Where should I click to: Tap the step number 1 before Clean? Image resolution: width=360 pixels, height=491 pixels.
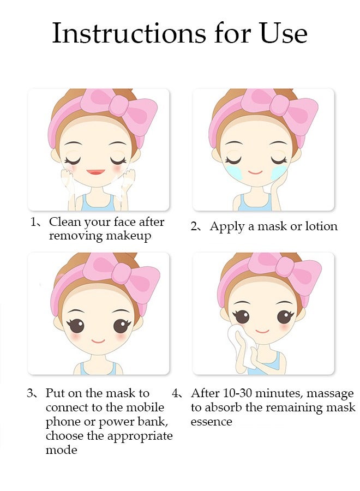(x=33, y=223)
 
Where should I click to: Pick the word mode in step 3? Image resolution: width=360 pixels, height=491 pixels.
(x=61, y=450)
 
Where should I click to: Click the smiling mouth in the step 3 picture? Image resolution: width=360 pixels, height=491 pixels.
(x=98, y=341)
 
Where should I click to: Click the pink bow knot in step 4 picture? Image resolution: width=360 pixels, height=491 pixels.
(x=285, y=266)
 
